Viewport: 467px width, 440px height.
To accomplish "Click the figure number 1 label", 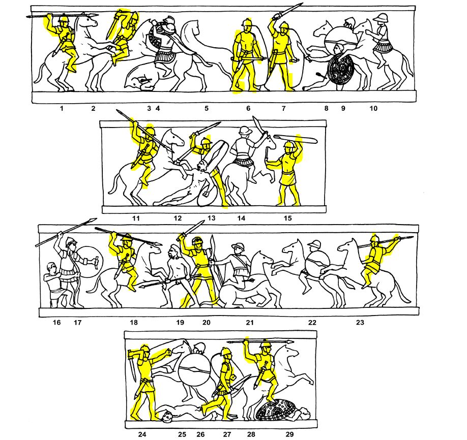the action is tap(62, 108).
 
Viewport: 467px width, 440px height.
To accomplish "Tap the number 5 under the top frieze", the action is tap(207, 108).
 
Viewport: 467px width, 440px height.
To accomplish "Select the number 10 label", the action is tap(373, 108).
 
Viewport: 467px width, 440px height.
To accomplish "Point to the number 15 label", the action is tap(287, 218).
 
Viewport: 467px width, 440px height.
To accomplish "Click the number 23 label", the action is tap(360, 322).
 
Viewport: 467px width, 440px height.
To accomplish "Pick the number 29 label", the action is tap(289, 434).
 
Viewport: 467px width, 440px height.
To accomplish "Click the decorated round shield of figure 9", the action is tap(340, 69).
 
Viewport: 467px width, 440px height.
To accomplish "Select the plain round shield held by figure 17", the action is tap(90, 262).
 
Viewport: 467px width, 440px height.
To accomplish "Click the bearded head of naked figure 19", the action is tap(173, 252).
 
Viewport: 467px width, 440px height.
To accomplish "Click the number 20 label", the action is tap(207, 322).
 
